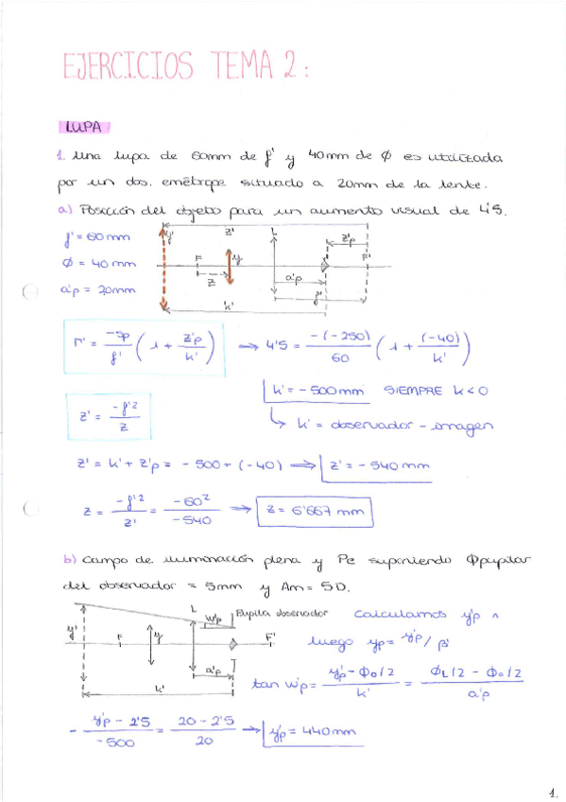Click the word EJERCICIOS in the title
(128, 66)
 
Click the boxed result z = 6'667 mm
(315, 511)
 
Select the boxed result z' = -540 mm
(376, 464)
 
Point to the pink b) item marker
(69, 560)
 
